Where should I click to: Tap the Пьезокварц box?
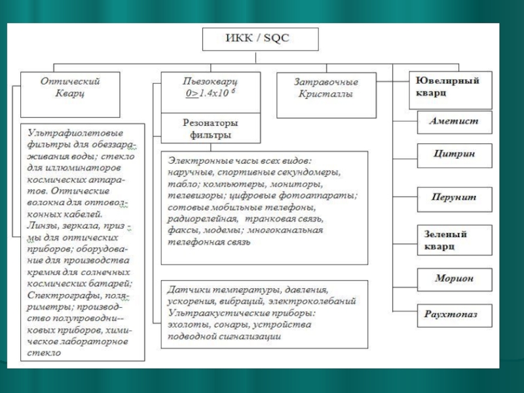[210, 87]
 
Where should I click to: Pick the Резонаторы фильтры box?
[210, 129]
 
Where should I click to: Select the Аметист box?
[454, 121]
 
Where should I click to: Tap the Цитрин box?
[454, 154]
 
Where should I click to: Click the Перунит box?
[454, 197]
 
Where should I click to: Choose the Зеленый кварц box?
[454, 240]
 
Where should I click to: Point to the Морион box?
[454, 278]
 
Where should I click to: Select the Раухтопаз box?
[454, 314]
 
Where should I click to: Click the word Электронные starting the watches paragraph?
[196, 160]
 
